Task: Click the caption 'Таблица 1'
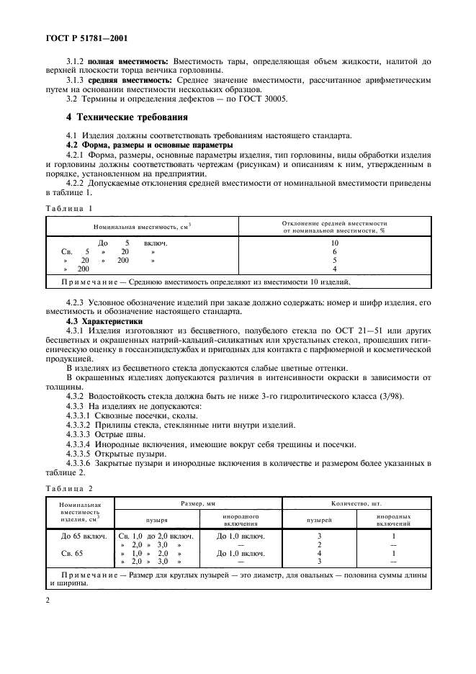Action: (x=70, y=209)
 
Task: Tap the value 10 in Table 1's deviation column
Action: (x=334, y=243)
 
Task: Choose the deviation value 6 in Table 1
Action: (x=334, y=252)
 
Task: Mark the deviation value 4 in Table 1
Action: (x=334, y=269)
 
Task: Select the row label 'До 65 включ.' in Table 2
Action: (x=80, y=536)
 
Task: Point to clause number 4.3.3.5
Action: (x=81, y=454)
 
